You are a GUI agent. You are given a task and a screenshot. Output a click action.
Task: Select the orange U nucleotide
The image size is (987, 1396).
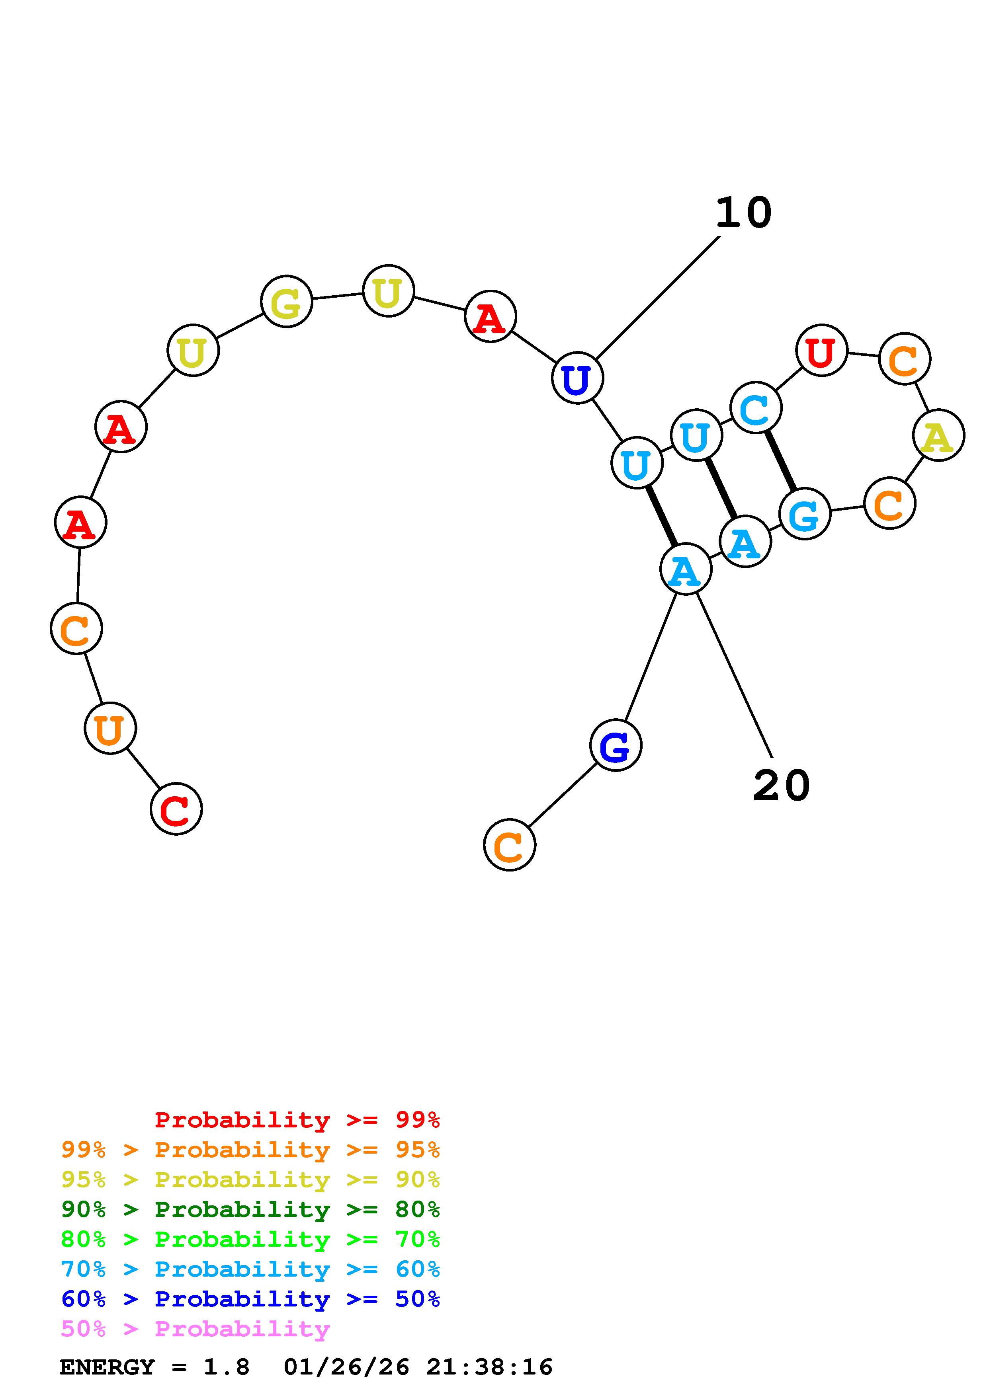(x=110, y=728)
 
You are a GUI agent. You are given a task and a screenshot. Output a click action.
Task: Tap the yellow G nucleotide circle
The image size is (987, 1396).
(x=286, y=302)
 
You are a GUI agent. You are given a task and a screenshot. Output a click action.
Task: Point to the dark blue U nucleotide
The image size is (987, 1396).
(x=577, y=378)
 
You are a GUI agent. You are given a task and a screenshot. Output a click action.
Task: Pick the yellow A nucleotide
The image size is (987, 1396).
(x=938, y=435)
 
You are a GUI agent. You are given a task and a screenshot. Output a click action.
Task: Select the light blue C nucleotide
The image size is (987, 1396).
(x=756, y=408)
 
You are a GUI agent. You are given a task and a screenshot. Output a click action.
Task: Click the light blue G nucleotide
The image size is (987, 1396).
(x=805, y=514)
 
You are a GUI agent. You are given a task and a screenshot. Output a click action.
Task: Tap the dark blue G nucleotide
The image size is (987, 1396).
(x=616, y=745)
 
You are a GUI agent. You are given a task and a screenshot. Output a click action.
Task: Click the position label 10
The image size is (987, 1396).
(x=743, y=213)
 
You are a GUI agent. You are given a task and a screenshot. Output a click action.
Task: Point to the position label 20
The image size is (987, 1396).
(x=782, y=786)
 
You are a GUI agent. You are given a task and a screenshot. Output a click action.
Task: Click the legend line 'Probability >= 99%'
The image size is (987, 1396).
(x=297, y=1120)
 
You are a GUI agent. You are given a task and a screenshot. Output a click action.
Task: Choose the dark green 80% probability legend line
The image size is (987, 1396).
(x=250, y=1209)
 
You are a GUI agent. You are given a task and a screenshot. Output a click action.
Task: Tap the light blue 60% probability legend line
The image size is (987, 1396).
(x=250, y=1269)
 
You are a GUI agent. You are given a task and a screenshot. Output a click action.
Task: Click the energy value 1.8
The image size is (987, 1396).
(x=226, y=1367)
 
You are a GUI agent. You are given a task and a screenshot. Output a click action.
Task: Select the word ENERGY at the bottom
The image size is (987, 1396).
(x=107, y=1367)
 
